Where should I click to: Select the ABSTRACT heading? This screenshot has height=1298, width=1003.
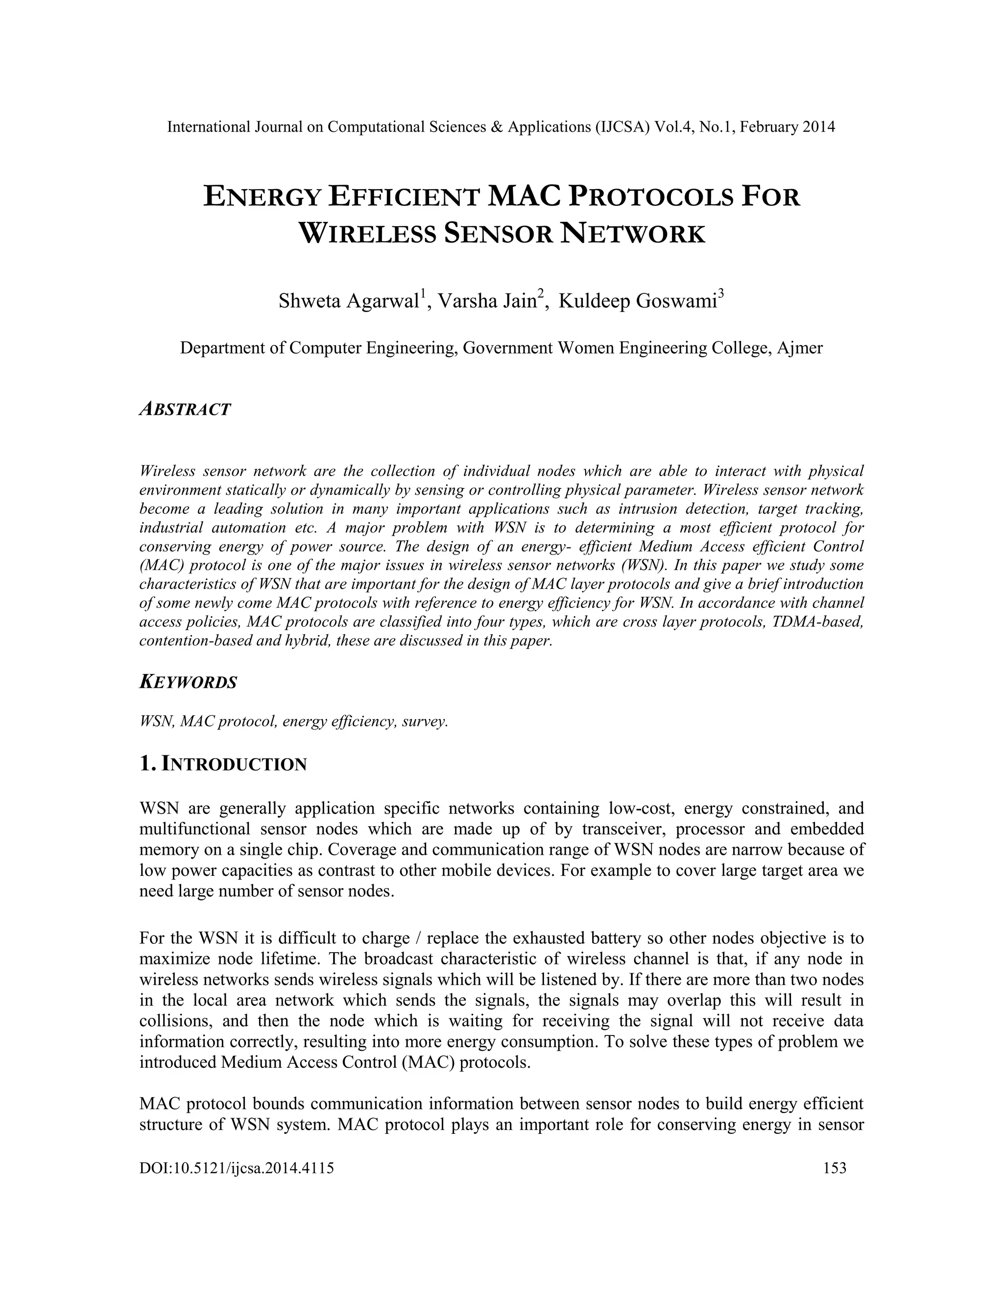tap(185, 409)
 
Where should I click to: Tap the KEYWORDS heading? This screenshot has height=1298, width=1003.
tap(188, 682)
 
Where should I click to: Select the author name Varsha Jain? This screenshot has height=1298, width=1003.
tap(487, 301)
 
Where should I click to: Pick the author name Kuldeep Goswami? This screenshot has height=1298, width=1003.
tap(638, 301)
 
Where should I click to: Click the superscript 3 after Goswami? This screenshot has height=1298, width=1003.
tap(721, 294)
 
